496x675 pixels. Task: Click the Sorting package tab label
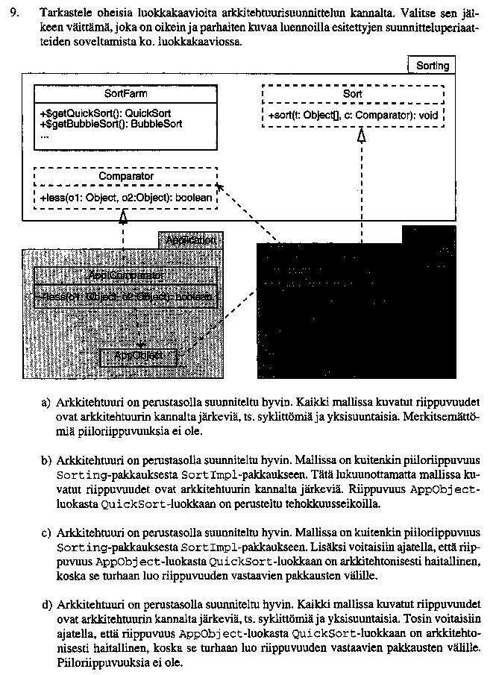(432, 66)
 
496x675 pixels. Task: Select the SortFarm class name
(125, 94)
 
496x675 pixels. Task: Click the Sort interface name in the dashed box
(353, 95)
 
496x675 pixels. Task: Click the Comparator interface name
(126, 177)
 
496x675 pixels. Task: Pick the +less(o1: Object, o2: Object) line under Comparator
(125, 198)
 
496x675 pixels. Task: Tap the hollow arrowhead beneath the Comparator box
(124, 217)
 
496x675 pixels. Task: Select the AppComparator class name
(125, 275)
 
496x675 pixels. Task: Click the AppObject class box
(139, 357)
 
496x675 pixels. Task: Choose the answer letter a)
(46, 403)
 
